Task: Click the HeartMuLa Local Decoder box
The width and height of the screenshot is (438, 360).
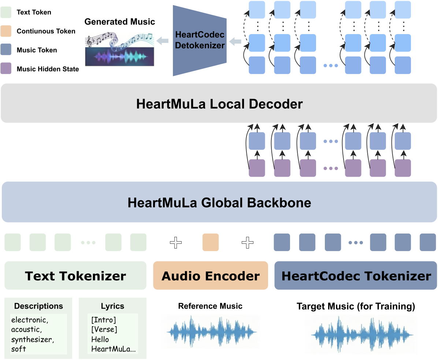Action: (219, 104)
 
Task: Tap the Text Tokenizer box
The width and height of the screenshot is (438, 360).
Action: (75, 276)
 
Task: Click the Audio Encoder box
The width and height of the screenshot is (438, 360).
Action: (211, 276)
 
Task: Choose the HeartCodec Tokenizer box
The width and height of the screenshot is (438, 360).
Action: (356, 276)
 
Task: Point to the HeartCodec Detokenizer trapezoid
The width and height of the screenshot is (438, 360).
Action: (200, 40)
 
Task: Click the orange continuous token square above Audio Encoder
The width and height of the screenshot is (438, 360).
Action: (211, 242)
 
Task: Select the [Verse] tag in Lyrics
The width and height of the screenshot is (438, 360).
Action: (104, 329)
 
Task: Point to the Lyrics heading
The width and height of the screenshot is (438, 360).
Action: (112, 306)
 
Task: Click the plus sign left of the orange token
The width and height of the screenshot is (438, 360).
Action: (176, 242)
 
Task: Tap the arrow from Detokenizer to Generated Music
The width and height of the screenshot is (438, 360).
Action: (162, 42)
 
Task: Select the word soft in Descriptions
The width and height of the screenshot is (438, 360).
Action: (18, 349)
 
